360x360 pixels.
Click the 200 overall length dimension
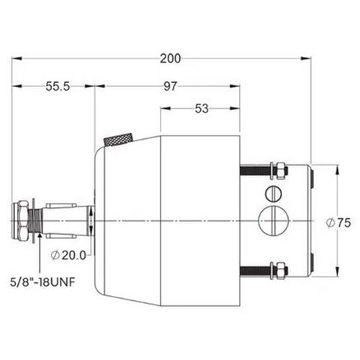(x=170, y=59)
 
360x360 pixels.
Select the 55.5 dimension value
(x=58, y=86)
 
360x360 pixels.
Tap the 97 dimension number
(x=170, y=86)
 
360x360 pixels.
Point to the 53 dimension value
(x=202, y=109)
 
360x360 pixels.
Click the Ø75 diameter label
(x=338, y=223)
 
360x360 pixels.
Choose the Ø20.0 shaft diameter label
(x=68, y=255)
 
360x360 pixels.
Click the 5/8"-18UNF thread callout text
(x=42, y=282)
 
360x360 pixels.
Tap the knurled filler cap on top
(x=119, y=139)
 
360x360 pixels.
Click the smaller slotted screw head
(x=274, y=194)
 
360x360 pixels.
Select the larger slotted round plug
(x=273, y=220)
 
